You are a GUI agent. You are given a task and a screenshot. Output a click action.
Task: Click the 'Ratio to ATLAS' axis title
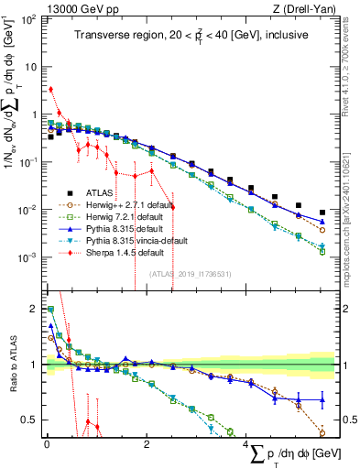[x=11, y=365]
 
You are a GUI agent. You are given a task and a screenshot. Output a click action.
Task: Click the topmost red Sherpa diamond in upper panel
[x=50, y=90]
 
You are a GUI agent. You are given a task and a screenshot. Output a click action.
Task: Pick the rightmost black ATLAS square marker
[x=322, y=214]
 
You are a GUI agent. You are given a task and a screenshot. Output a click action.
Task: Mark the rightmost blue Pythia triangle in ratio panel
[x=322, y=399]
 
